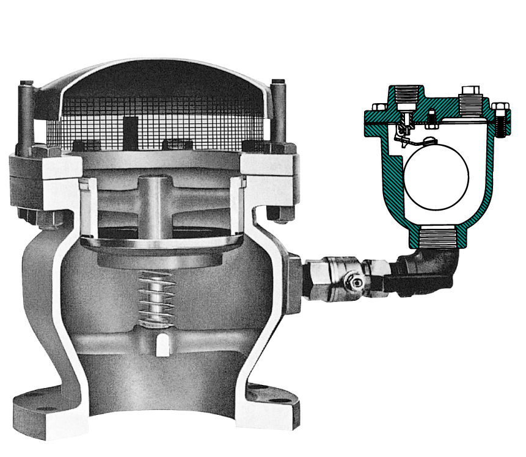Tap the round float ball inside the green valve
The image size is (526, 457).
coord(436,174)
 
